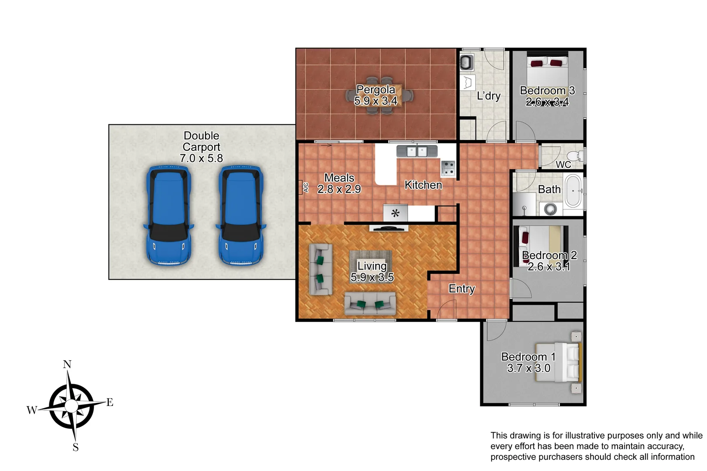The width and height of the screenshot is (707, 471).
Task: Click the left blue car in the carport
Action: pos(168,215)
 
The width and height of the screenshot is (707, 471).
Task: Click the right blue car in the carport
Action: pos(241,215)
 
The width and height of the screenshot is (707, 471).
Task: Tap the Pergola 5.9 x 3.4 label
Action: pos(376,95)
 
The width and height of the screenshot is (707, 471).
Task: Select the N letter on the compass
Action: pos(67,365)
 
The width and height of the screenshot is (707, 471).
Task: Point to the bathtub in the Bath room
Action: pos(573,191)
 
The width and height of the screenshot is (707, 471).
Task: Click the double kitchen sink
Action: pos(417,151)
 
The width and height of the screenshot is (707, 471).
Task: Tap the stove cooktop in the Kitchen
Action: pos(448,168)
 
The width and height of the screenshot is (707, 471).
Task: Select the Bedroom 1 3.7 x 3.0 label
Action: pos(529,362)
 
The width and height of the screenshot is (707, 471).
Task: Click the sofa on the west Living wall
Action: pos(321,269)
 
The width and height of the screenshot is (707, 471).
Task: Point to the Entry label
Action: pos(462,289)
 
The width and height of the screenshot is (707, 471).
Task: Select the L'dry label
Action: pos(488,96)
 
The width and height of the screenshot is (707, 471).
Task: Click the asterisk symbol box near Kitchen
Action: pos(395,213)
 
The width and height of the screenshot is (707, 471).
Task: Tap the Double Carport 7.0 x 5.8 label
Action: pos(201,147)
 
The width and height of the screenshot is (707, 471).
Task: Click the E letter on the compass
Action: pos(110,403)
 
